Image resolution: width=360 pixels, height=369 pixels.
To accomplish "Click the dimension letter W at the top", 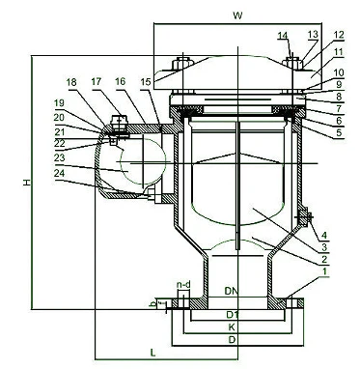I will click(x=236, y=15).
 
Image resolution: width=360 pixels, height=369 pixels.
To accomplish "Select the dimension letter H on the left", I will click(x=23, y=183).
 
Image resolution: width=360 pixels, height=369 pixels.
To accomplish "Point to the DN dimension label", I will click(x=231, y=290).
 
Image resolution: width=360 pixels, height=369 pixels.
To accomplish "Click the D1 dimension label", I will click(x=231, y=315).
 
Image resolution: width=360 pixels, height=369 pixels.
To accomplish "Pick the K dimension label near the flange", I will click(x=231, y=328).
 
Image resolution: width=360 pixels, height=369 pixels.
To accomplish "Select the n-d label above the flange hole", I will click(x=183, y=285).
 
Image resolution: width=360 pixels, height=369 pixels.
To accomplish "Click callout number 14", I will click(x=283, y=36).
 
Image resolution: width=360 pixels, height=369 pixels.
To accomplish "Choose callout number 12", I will click(x=339, y=35).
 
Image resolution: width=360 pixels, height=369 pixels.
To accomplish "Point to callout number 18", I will click(x=72, y=82).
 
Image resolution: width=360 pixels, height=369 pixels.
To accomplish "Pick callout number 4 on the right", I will click(x=325, y=235).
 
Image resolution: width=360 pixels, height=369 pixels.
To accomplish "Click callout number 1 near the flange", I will click(x=325, y=274).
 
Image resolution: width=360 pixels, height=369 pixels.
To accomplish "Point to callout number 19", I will click(x=59, y=102).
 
